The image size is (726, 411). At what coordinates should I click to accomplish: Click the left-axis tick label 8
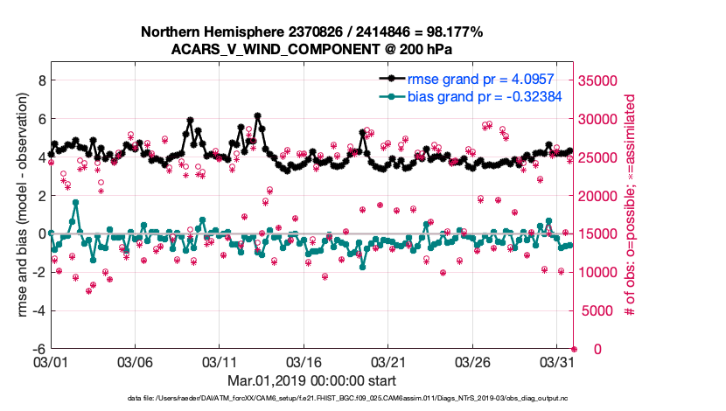point(38,80)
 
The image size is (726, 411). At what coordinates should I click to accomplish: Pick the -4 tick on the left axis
point(36,310)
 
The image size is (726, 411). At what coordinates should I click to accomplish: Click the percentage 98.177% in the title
point(451,31)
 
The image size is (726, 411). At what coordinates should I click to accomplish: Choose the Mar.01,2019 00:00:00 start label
point(311,380)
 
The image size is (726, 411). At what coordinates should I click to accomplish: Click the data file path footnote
point(361,399)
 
